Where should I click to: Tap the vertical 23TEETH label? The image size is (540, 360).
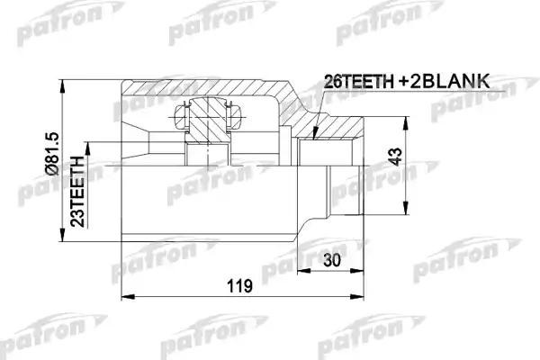tap(79, 184)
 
